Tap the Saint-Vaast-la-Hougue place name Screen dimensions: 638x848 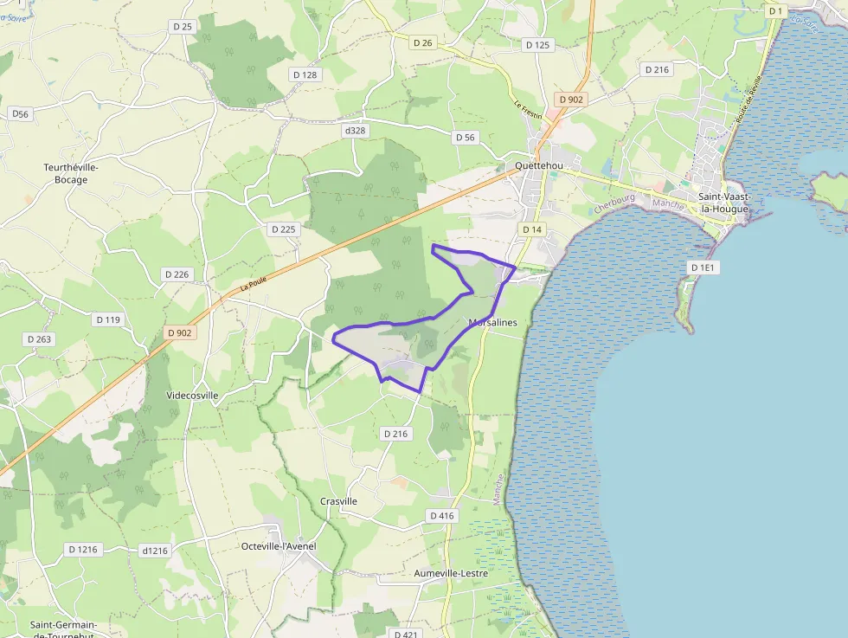point(724,203)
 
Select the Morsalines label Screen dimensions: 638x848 point(492,323)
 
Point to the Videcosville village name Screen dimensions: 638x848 point(191,395)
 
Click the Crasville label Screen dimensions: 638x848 point(338,501)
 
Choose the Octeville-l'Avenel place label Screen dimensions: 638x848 point(279,546)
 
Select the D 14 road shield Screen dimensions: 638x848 point(532,229)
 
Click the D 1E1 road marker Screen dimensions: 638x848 point(703,267)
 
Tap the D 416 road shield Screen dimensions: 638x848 point(440,515)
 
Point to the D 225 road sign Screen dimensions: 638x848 point(282,229)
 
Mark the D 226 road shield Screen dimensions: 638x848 point(176,274)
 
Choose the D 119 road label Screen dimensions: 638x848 point(108,319)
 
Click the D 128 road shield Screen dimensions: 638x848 point(305,74)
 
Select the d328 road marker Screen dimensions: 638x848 point(355,131)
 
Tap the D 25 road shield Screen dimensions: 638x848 point(182,27)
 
